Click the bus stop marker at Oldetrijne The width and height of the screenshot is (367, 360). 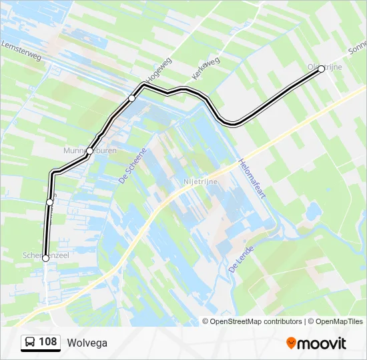coord(321,69)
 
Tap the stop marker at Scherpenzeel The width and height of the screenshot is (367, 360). coord(45,259)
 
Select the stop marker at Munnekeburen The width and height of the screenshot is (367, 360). coord(89,151)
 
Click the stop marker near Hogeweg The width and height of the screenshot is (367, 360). coord(131,98)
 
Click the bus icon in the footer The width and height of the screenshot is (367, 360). coord(29,343)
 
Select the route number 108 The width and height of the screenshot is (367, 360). coord(47,342)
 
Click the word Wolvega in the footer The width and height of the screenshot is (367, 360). coord(87,343)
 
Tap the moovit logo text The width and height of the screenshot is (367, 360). coord(322,343)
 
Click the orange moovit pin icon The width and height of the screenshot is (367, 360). coord(292,343)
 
